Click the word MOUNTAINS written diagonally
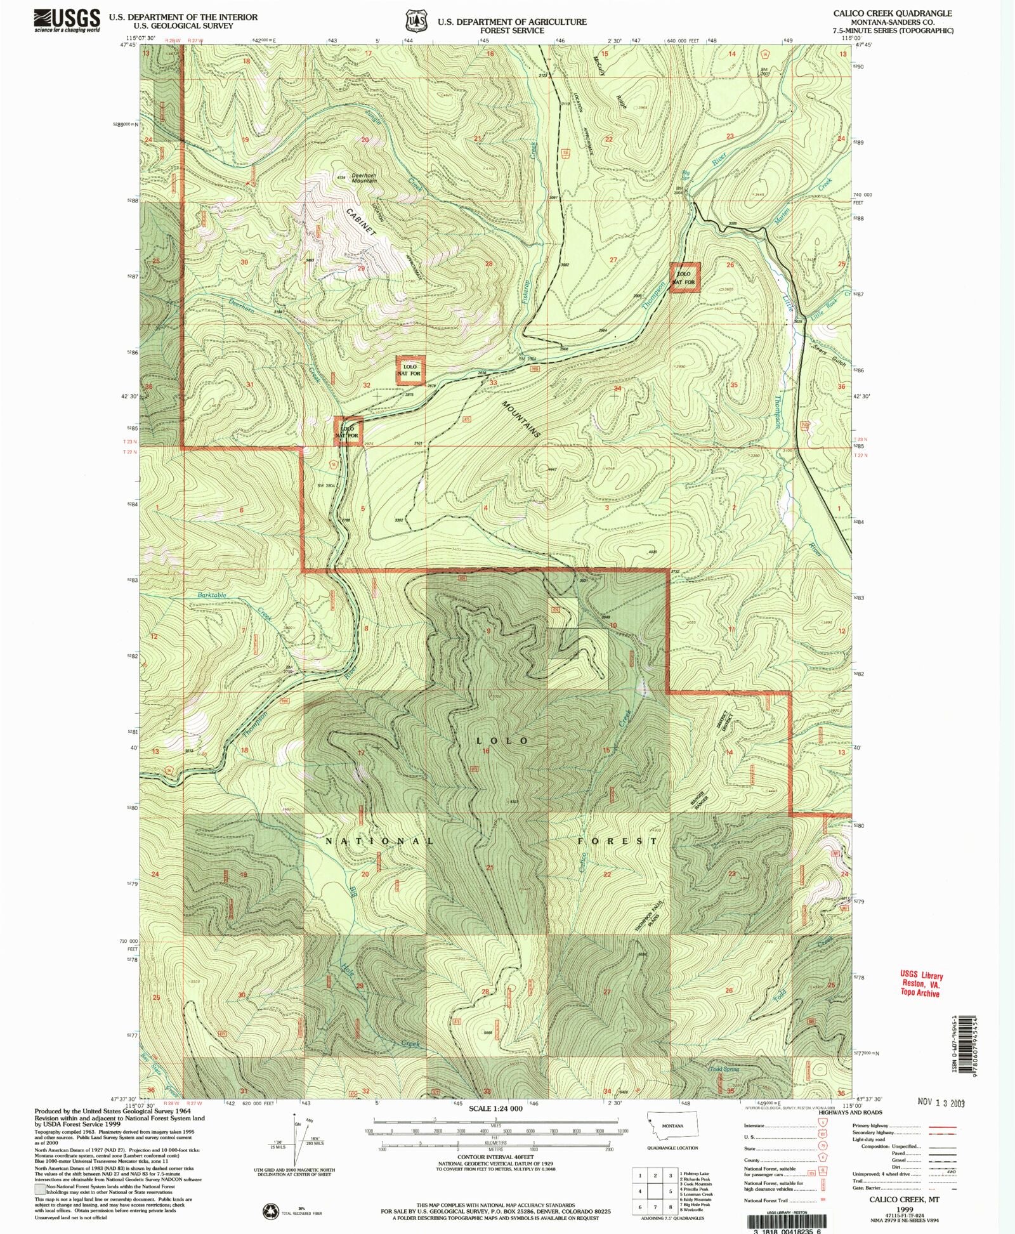coord(521,419)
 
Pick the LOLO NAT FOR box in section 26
coord(685,278)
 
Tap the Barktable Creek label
coord(211,595)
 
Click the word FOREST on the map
coord(617,841)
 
